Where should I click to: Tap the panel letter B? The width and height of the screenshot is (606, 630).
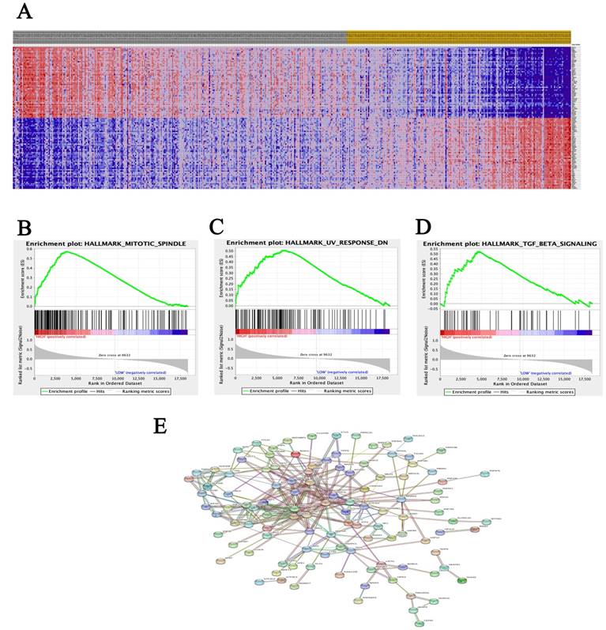pyautogui.click(x=24, y=228)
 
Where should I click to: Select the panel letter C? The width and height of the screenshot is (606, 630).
pyautogui.click(x=218, y=228)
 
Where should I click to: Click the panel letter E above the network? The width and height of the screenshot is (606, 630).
pyautogui.click(x=160, y=426)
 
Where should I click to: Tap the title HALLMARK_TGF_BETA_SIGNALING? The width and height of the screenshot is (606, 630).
pyautogui.click(x=514, y=243)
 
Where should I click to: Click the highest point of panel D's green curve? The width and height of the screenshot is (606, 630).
pyautogui.click(x=477, y=251)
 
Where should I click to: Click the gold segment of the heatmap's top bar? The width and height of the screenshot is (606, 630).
pyautogui.click(x=458, y=37)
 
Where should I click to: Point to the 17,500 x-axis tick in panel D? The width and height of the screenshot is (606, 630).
pyautogui.click(x=585, y=379)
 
